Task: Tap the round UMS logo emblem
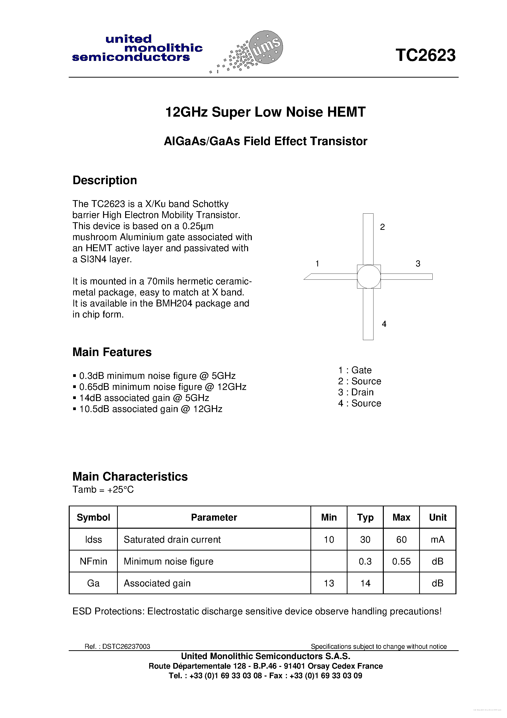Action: tap(266, 47)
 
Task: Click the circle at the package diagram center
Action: tap(369, 276)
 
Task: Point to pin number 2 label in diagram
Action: tap(382, 227)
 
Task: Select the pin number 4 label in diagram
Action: tap(384, 324)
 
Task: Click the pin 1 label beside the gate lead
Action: tap(317, 264)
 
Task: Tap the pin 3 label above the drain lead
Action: tap(418, 264)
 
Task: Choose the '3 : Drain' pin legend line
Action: tap(356, 392)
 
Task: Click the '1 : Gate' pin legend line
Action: tap(355, 370)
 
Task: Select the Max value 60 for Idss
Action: tap(401, 539)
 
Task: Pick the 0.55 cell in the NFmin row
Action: tap(401, 561)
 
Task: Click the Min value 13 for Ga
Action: tap(329, 583)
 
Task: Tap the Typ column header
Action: tap(365, 518)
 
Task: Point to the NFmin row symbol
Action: tap(93, 561)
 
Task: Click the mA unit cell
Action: tap(437, 539)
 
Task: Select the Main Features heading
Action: tap(112, 352)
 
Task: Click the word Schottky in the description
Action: tap(210, 204)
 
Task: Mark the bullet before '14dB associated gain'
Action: tap(75, 398)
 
